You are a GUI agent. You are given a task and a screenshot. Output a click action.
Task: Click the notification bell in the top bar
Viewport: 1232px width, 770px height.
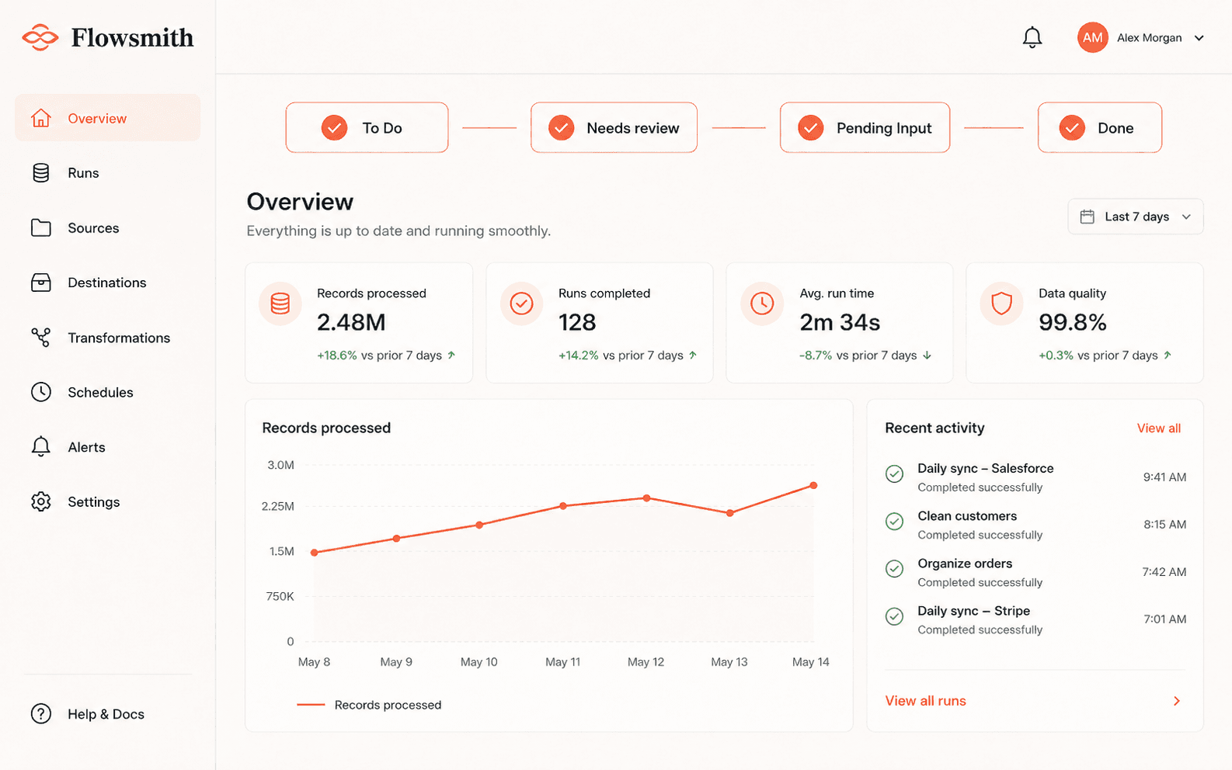[1032, 37]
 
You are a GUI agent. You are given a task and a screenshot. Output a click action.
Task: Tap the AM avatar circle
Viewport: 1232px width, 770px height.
[1092, 37]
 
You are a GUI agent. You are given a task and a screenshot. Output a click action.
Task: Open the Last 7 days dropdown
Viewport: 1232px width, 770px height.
[1135, 217]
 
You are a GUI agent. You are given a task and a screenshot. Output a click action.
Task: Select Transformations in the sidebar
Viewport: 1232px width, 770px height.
[119, 338]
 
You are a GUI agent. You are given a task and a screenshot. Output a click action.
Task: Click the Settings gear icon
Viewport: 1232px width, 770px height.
[40, 501]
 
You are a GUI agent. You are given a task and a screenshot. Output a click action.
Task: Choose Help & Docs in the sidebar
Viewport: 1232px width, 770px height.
[106, 714]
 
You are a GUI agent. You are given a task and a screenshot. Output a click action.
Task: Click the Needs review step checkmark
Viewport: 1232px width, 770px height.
[561, 128]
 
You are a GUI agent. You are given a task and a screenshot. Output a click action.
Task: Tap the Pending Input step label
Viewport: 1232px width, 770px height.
[884, 128]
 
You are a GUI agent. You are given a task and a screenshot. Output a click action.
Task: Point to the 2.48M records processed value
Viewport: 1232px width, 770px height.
[351, 322]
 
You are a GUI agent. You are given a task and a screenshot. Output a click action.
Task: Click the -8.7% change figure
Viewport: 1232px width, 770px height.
[815, 356]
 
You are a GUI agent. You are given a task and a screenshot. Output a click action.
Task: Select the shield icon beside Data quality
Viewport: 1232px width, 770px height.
[1001, 303]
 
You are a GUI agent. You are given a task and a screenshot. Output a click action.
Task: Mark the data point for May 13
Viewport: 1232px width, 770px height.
[730, 513]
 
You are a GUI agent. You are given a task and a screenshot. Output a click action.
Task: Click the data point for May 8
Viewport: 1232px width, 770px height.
[314, 553]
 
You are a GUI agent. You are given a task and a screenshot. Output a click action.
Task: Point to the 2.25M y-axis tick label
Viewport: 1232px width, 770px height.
[278, 506]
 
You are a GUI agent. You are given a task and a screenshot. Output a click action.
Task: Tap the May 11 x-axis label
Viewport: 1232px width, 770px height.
[562, 662]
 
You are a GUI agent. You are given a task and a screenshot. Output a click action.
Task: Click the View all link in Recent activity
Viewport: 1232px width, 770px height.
[1158, 428]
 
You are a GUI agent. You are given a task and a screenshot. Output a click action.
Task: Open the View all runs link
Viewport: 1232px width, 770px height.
[925, 701]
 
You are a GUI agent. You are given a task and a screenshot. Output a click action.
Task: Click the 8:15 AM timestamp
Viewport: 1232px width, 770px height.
[1165, 524]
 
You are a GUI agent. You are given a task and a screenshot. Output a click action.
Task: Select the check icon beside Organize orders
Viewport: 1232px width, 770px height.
[894, 568]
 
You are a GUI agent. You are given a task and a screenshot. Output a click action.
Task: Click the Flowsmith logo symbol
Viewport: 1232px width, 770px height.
[40, 37]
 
